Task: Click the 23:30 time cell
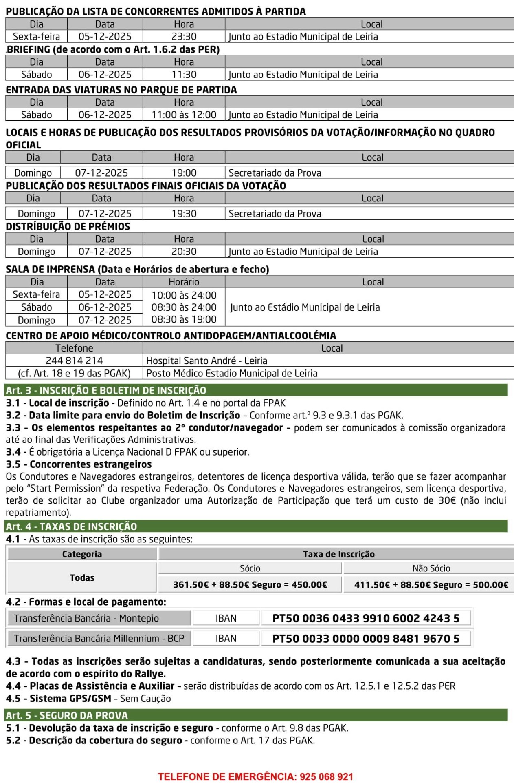coord(184,37)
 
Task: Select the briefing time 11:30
coord(184,75)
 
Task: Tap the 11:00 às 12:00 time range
coord(184,115)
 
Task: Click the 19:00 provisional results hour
coord(184,173)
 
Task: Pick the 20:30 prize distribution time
coord(184,252)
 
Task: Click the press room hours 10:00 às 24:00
coord(184,295)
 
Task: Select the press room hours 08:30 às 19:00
coord(184,319)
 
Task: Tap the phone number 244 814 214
coord(74,361)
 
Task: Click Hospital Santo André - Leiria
coord(206,361)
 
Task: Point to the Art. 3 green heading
coord(106,390)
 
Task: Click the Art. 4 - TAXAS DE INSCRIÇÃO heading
coord(71,526)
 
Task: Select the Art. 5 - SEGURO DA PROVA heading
coord(67,715)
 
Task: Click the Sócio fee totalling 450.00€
coord(250,585)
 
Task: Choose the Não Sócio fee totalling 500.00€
coord(431,585)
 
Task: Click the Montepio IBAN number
coord(365,618)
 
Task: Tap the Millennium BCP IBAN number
coord(365,639)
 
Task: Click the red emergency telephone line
coord(255,776)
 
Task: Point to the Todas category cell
coord(82,577)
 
